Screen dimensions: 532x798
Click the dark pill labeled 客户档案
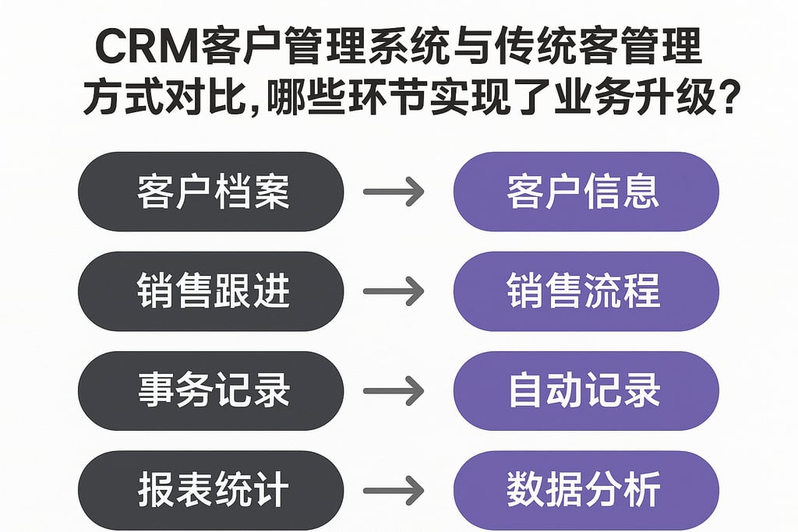(210, 192)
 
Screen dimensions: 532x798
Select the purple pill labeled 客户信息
(585, 192)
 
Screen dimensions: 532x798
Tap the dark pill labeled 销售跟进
(210, 291)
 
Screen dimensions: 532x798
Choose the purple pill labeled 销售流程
(585, 291)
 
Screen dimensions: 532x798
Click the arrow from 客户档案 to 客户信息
(394, 192)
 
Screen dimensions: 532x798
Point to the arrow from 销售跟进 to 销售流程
(394, 291)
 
